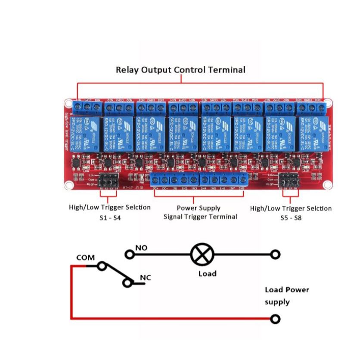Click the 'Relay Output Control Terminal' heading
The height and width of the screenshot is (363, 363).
[180, 70]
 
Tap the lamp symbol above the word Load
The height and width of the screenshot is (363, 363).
[202, 255]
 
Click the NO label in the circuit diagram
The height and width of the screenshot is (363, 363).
[141, 248]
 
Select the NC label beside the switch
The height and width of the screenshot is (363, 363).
[146, 278]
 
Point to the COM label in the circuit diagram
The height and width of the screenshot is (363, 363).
[85, 258]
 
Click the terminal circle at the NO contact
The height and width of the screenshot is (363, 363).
[129, 254]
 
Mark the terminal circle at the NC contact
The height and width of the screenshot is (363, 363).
[127, 283]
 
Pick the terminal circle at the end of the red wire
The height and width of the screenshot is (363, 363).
[275, 319]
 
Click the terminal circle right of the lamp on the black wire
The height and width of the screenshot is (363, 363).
[275, 255]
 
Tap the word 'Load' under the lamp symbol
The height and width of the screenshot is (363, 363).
[207, 273]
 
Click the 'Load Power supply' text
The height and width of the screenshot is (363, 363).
[286, 295]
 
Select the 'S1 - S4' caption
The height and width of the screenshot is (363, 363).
[110, 218]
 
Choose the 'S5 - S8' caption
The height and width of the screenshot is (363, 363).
[291, 218]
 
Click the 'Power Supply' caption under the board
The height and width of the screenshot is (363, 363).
[199, 208]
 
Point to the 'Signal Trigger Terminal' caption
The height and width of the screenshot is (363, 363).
[200, 217]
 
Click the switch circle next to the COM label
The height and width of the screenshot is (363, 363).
[102, 266]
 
